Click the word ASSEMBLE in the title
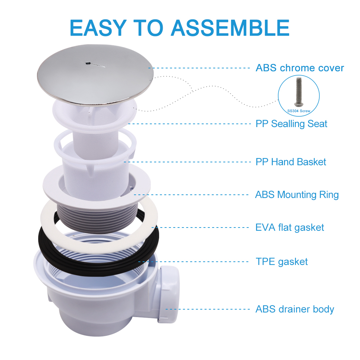pos(230,28)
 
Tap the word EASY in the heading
pos(98,28)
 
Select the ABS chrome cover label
pos(300,68)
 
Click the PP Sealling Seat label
pos(291,124)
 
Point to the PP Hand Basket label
pos(291,162)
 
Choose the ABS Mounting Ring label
pos(297,195)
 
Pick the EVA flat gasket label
pos(290,228)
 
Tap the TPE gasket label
pos(282,262)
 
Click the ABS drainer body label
pos(295,309)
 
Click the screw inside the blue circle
pos(298,92)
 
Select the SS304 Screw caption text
pos(299,111)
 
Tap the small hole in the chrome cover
pos(87,63)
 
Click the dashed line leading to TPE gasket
pos(193,262)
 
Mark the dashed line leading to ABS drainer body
pos(208,309)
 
